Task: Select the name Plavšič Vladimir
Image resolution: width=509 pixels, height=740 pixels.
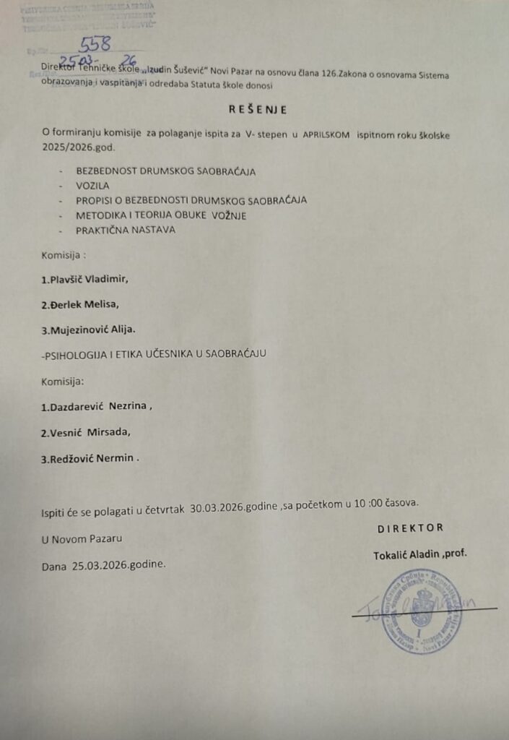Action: (x=88, y=278)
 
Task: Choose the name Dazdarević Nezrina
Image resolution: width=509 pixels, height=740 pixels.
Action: (x=97, y=406)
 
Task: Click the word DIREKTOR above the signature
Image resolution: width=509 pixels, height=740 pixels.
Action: (x=410, y=528)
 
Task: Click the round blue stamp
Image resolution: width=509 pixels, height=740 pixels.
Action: (x=421, y=611)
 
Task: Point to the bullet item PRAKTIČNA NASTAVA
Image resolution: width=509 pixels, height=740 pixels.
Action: (x=126, y=230)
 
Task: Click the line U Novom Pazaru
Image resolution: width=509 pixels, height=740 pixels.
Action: (x=82, y=538)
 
